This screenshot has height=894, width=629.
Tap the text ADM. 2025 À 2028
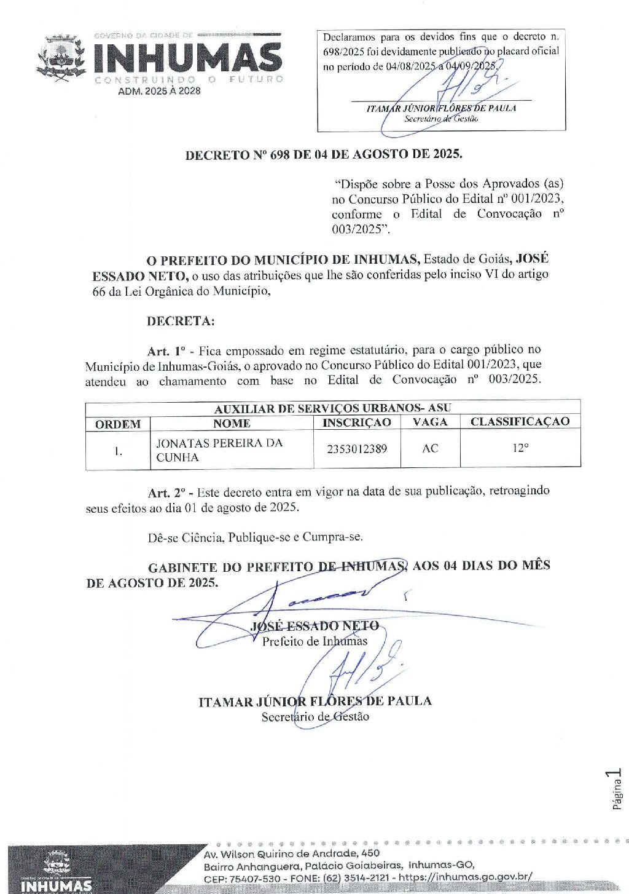(159, 91)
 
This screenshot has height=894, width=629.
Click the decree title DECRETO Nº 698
(324, 154)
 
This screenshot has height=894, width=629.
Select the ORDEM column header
(118, 424)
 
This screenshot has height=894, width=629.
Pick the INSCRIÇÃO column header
(356, 423)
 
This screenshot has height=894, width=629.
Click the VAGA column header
(430, 422)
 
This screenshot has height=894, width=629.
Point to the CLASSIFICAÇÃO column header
(520, 422)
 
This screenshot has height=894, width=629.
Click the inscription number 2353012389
(357, 449)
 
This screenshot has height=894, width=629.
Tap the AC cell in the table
(430, 449)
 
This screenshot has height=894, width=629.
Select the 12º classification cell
(520, 448)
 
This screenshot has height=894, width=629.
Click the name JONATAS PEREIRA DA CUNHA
(219, 450)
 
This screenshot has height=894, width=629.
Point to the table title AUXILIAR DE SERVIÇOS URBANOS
(332, 408)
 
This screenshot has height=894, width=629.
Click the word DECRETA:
(181, 321)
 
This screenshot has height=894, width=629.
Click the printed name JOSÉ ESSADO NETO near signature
(314, 626)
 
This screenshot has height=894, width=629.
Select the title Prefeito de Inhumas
(314, 641)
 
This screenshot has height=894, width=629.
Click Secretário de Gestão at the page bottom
(315, 717)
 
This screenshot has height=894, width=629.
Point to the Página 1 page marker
(617, 789)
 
